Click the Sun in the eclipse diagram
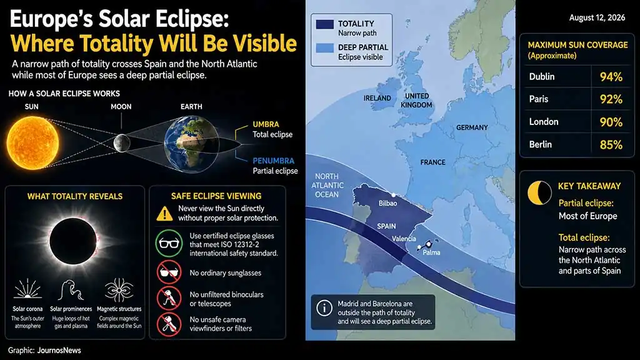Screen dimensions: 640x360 (32, 143)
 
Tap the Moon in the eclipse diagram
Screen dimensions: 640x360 (122, 143)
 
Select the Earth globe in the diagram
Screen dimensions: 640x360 (191, 144)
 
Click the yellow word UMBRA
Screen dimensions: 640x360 (266, 124)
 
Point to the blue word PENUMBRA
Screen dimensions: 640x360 (274, 161)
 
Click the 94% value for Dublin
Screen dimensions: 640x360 (611, 77)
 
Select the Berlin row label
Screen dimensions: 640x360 (541, 144)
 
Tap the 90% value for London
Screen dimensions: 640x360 (611, 122)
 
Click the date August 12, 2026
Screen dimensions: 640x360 (597, 17)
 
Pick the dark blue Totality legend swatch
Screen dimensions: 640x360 (325, 24)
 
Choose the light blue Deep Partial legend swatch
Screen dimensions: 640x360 (325, 48)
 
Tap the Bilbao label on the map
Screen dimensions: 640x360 (387, 203)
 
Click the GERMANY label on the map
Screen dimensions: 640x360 (472, 127)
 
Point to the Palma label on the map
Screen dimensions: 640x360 (431, 252)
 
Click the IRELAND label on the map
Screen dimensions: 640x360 (377, 98)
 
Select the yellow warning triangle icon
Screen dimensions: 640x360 (164, 214)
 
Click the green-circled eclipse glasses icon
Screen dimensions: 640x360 (169, 243)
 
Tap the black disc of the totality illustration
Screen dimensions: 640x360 (73, 241)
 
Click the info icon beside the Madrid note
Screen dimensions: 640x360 (324, 308)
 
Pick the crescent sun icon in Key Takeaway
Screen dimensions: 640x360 (539, 192)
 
